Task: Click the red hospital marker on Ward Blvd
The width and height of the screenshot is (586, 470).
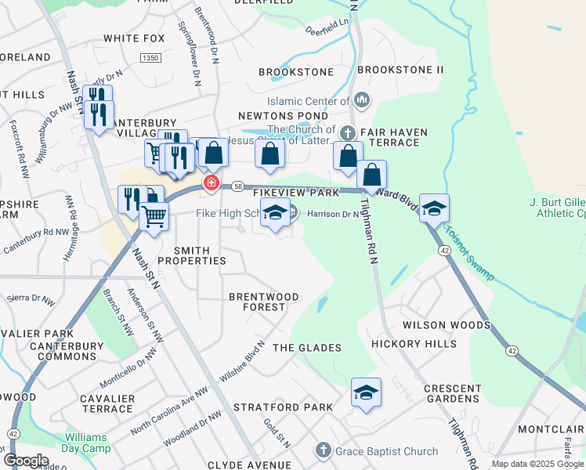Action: [x=211, y=183]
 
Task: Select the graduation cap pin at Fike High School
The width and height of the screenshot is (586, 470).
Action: [x=275, y=213]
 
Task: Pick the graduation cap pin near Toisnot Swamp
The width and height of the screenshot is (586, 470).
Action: [x=435, y=208]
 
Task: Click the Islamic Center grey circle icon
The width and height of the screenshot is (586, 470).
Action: [x=362, y=100]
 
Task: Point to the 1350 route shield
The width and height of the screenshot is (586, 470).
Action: [x=150, y=58]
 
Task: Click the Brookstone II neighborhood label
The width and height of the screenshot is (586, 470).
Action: [x=400, y=70]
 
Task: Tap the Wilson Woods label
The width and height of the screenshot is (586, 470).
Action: [x=446, y=324]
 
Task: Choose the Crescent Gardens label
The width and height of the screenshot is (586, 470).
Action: [x=452, y=394]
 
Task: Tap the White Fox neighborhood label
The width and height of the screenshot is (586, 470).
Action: [x=134, y=38]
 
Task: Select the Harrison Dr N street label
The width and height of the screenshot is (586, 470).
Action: [x=332, y=213]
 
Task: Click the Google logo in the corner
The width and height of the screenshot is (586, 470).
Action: [x=26, y=461]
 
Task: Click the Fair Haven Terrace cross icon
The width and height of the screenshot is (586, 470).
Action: [x=349, y=132]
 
